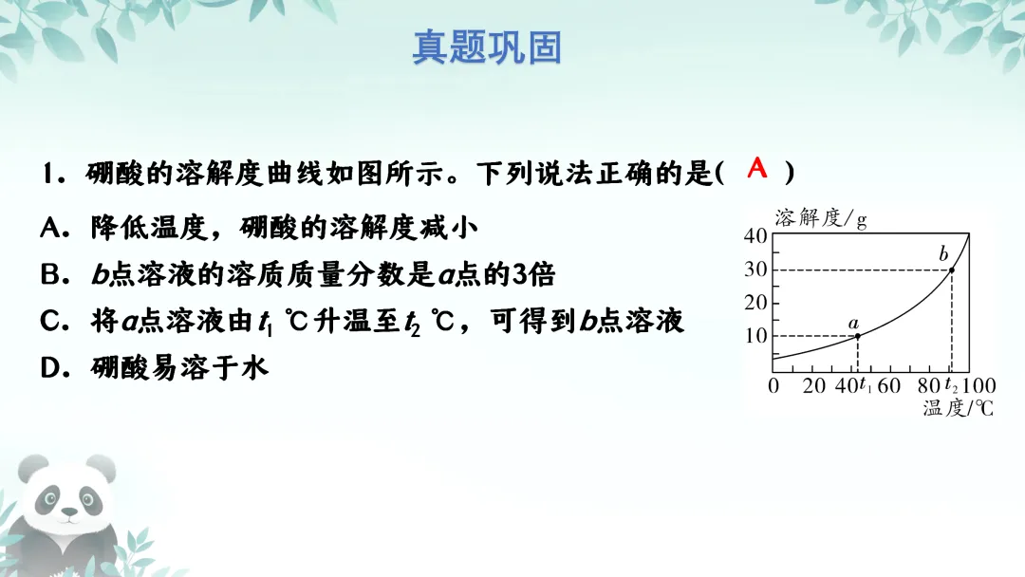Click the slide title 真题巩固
pyautogui.click(x=487, y=47)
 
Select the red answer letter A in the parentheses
pyautogui.click(x=756, y=169)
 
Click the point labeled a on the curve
pyautogui.click(x=858, y=336)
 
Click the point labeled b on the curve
pyautogui.click(x=952, y=270)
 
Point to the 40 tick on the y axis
pyautogui.click(x=755, y=236)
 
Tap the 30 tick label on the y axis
pyautogui.click(x=755, y=270)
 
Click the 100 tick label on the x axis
pyautogui.click(x=978, y=386)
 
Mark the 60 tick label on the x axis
pyautogui.click(x=889, y=386)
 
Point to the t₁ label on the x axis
pyautogui.click(x=865, y=386)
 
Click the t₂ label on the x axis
pyautogui.click(x=951, y=386)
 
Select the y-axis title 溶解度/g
pyautogui.click(x=821, y=218)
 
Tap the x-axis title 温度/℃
pyautogui.click(x=958, y=409)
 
